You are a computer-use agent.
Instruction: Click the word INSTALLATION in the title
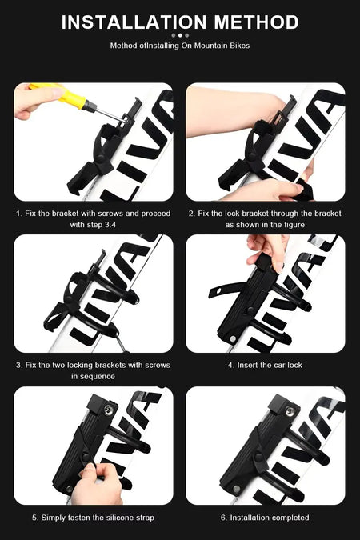click(134, 22)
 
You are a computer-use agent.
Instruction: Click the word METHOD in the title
click(256, 22)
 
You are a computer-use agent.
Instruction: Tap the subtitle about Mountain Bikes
click(180, 46)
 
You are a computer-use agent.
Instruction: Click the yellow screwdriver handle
click(62, 94)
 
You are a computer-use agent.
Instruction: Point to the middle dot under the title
click(180, 35)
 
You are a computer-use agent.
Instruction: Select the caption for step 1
click(93, 219)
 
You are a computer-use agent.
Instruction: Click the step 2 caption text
click(265, 219)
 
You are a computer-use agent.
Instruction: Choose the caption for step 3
click(93, 370)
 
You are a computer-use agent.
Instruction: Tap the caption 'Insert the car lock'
click(265, 365)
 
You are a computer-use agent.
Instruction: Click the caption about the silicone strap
click(93, 518)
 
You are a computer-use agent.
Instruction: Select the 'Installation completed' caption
click(265, 518)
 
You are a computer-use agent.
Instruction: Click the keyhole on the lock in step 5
click(110, 410)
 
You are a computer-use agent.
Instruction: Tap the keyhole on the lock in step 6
click(290, 411)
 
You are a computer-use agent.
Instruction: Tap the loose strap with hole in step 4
click(226, 290)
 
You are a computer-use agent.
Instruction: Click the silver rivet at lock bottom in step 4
click(233, 339)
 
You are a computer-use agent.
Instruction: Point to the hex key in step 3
click(122, 343)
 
